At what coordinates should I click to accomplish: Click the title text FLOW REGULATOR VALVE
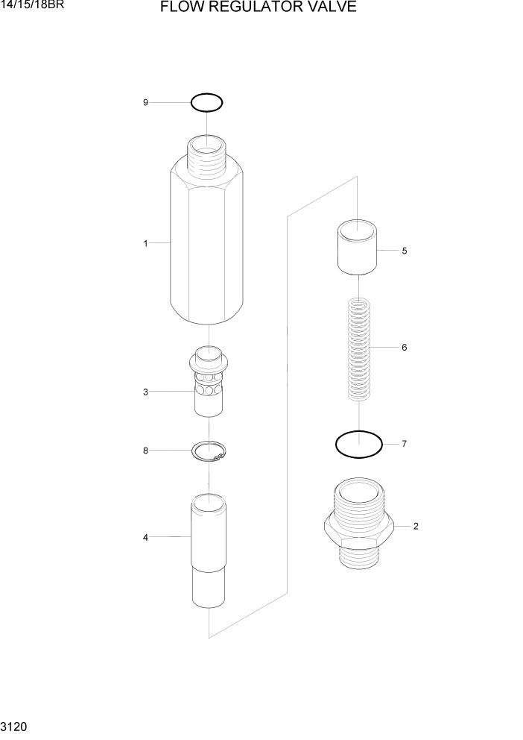click(x=257, y=8)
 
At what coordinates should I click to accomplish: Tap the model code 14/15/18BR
click(x=33, y=7)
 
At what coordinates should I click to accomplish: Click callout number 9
click(x=145, y=102)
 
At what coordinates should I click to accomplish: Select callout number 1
click(x=145, y=243)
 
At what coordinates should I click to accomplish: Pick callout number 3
click(x=145, y=392)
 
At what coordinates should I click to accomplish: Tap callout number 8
click(x=145, y=451)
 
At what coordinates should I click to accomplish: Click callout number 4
click(x=145, y=537)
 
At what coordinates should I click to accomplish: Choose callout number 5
click(x=404, y=251)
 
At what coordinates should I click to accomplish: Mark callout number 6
click(x=404, y=348)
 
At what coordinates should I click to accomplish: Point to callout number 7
click(x=404, y=445)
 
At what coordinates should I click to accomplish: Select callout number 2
click(x=415, y=527)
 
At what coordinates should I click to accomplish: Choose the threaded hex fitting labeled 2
click(x=359, y=522)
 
